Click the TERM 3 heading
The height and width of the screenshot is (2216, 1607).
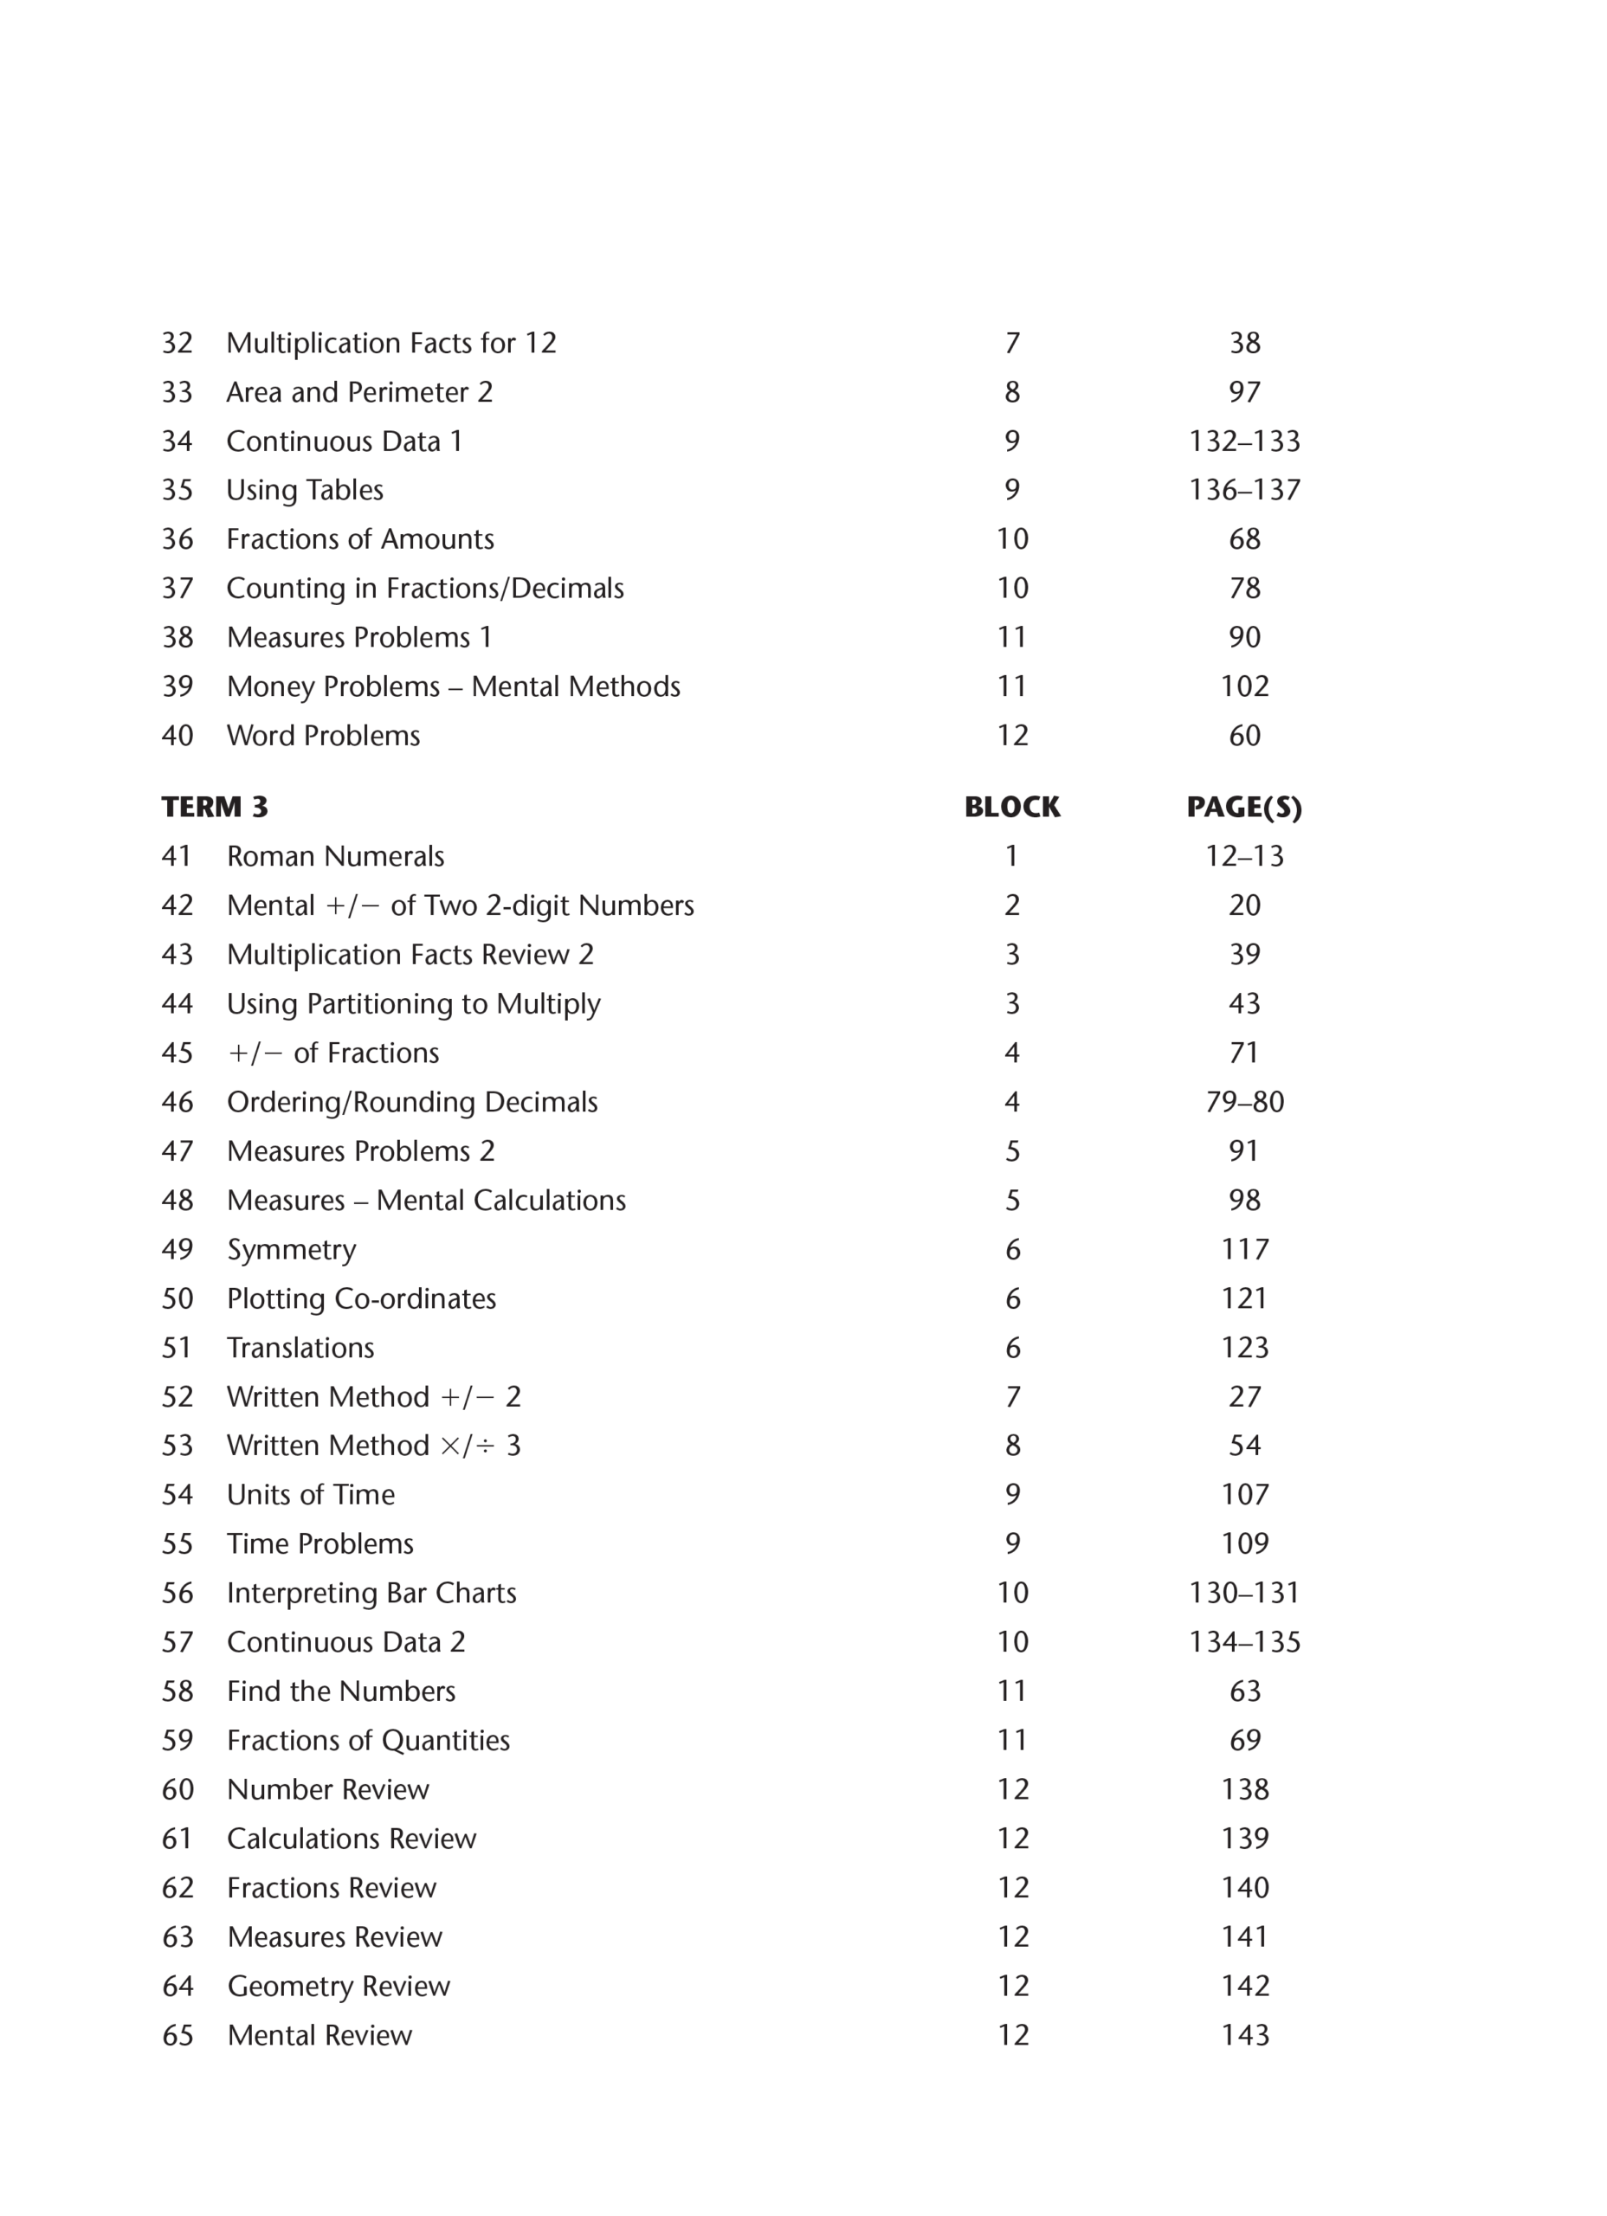(x=214, y=807)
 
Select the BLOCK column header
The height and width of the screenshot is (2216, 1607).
(x=1011, y=807)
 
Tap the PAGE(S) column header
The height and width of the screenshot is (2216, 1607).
(x=1243, y=807)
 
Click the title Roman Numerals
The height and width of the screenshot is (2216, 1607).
(x=335, y=857)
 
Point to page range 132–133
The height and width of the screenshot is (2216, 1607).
(x=1243, y=441)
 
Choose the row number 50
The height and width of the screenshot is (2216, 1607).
(x=177, y=1298)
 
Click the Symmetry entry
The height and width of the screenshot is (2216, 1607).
(x=291, y=1250)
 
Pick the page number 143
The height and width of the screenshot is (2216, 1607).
(x=1244, y=2035)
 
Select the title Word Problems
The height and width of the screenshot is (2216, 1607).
(x=324, y=736)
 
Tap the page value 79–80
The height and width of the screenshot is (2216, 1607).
(x=1243, y=1102)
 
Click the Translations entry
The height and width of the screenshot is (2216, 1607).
(x=300, y=1349)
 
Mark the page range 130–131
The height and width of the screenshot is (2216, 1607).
(x=1243, y=1594)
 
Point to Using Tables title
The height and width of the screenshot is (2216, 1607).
(x=305, y=491)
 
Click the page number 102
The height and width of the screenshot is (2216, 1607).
(x=1244, y=687)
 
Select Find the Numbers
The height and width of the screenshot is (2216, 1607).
(x=341, y=1691)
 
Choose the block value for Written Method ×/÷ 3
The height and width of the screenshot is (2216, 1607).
(x=1011, y=1446)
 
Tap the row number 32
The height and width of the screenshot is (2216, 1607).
(x=177, y=344)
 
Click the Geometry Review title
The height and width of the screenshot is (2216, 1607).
(x=339, y=1987)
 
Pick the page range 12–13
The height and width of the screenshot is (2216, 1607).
(x=1243, y=857)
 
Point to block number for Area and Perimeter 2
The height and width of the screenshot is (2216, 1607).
(x=1011, y=393)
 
